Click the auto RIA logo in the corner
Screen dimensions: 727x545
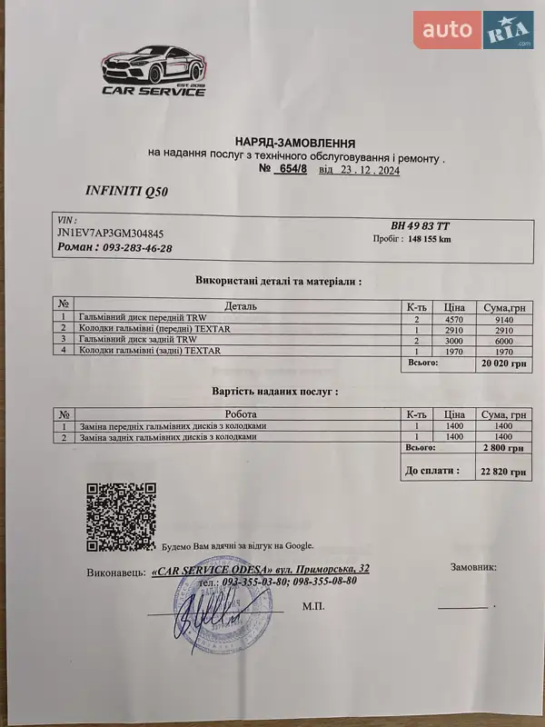pos(473,30)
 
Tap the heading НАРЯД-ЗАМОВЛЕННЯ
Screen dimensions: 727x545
pos(295,143)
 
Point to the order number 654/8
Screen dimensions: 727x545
pos(292,169)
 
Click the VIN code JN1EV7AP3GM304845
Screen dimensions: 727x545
pos(110,234)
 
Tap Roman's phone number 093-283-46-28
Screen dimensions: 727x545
pos(137,247)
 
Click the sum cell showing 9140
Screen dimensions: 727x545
pos(506,319)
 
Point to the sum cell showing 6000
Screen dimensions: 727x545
pos(506,340)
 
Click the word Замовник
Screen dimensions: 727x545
pos(473,567)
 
